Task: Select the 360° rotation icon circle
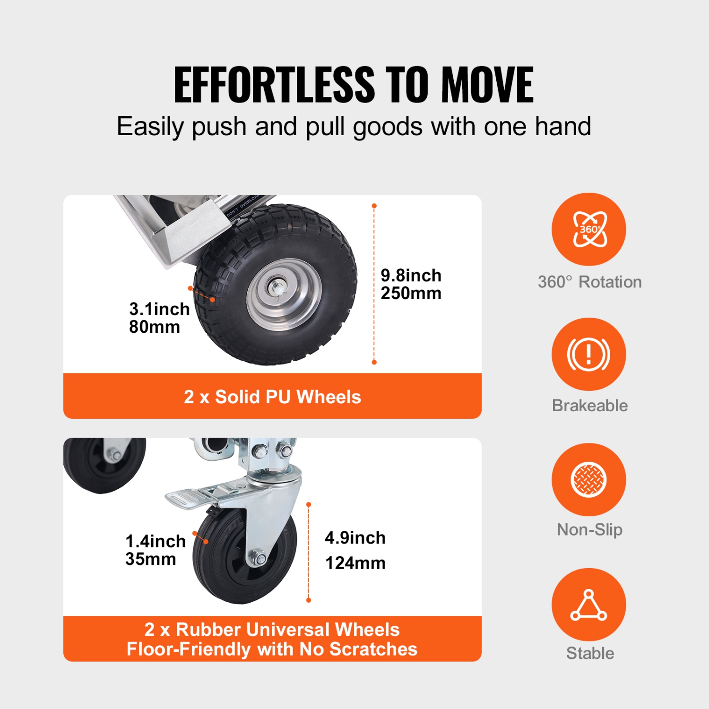pos(588,229)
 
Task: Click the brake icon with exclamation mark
pos(588,354)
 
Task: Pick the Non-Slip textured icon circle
pos(588,479)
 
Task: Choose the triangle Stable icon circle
pos(588,605)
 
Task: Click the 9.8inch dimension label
pos(411,275)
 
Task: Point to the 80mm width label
pos(155,327)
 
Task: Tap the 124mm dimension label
pos(355,563)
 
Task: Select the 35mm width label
pos(151,559)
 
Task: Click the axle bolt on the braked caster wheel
pos(259,559)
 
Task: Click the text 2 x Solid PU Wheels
pos(272,397)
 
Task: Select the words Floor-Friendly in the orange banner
pos(189,649)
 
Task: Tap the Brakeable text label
pos(590,406)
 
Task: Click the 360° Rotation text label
pos(590,282)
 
